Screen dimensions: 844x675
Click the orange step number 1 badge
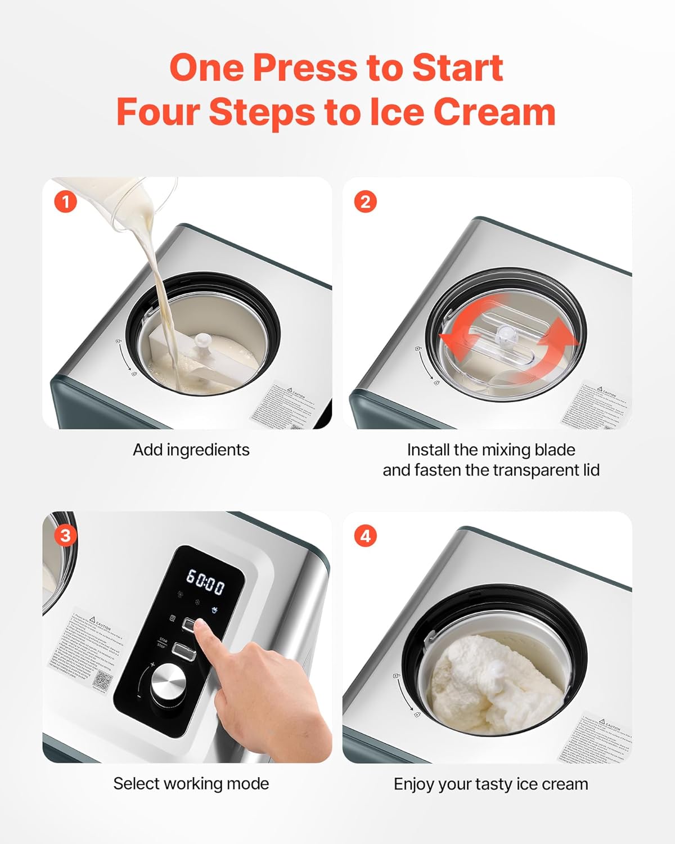65,201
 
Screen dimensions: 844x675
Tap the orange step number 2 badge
365,201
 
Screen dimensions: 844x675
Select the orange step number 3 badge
65,535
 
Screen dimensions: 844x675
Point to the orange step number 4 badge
365,536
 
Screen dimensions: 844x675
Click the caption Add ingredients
191,450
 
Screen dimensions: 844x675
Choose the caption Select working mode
191,783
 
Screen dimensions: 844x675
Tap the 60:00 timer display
205,582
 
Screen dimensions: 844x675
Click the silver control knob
168,682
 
